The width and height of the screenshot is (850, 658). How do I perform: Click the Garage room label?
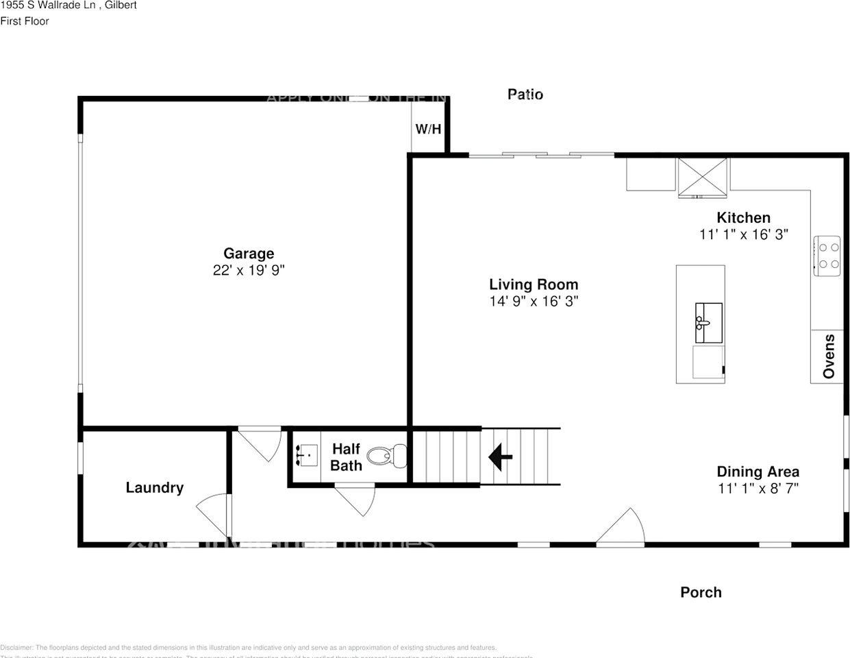pyautogui.click(x=249, y=254)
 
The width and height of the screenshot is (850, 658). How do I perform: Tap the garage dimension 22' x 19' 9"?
pyautogui.click(x=249, y=270)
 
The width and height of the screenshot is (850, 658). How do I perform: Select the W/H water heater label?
pyautogui.click(x=428, y=129)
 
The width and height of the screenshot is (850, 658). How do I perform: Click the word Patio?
pyautogui.click(x=525, y=95)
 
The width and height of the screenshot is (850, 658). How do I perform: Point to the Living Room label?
pyautogui.click(x=534, y=284)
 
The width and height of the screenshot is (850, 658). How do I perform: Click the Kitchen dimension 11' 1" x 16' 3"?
pyautogui.click(x=743, y=234)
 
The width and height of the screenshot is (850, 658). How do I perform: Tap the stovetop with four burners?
pyautogui.click(x=827, y=255)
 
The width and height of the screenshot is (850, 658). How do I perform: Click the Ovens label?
pyautogui.click(x=829, y=356)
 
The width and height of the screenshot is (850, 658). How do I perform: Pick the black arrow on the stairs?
pyautogui.click(x=500, y=456)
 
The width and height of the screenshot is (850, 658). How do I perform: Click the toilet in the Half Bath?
pyautogui.click(x=387, y=456)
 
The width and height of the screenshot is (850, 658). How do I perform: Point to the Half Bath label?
pyautogui.click(x=346, y=457)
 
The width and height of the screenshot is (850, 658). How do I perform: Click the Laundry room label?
pyautogui.click(x=155, y=487)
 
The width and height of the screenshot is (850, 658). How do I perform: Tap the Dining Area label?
pyautogui.click(x=758, y=472)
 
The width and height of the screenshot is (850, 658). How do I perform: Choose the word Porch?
pyautogui.click(x=701, y=592)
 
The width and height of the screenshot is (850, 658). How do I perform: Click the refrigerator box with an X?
pyautogui.click(x=702, y=177)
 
